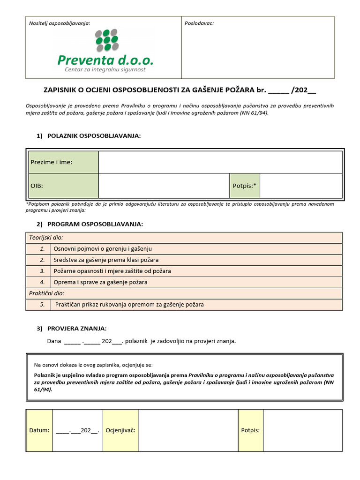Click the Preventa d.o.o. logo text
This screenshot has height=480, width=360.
105,60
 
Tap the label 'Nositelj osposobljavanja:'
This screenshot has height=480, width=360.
60,23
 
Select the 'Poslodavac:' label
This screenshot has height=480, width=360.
199,23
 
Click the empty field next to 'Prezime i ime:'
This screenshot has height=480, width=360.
220,162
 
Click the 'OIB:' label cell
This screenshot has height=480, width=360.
63,186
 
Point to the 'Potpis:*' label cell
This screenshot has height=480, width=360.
245,186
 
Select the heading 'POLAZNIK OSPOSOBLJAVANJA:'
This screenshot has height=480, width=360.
94,136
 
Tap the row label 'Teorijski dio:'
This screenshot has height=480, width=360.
46,238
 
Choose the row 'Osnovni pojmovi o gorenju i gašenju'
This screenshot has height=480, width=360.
103,249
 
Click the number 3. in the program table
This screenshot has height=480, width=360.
42,271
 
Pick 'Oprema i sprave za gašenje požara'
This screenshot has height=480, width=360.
100,282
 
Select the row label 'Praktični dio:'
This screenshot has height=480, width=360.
46,293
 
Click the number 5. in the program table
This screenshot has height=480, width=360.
42,305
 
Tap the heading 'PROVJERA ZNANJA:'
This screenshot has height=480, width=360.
80,329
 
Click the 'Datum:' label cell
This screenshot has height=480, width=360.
39,430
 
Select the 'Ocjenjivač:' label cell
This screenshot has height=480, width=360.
120,430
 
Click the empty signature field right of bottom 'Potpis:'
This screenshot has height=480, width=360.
302,430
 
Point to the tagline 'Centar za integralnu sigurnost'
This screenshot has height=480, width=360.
105,70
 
